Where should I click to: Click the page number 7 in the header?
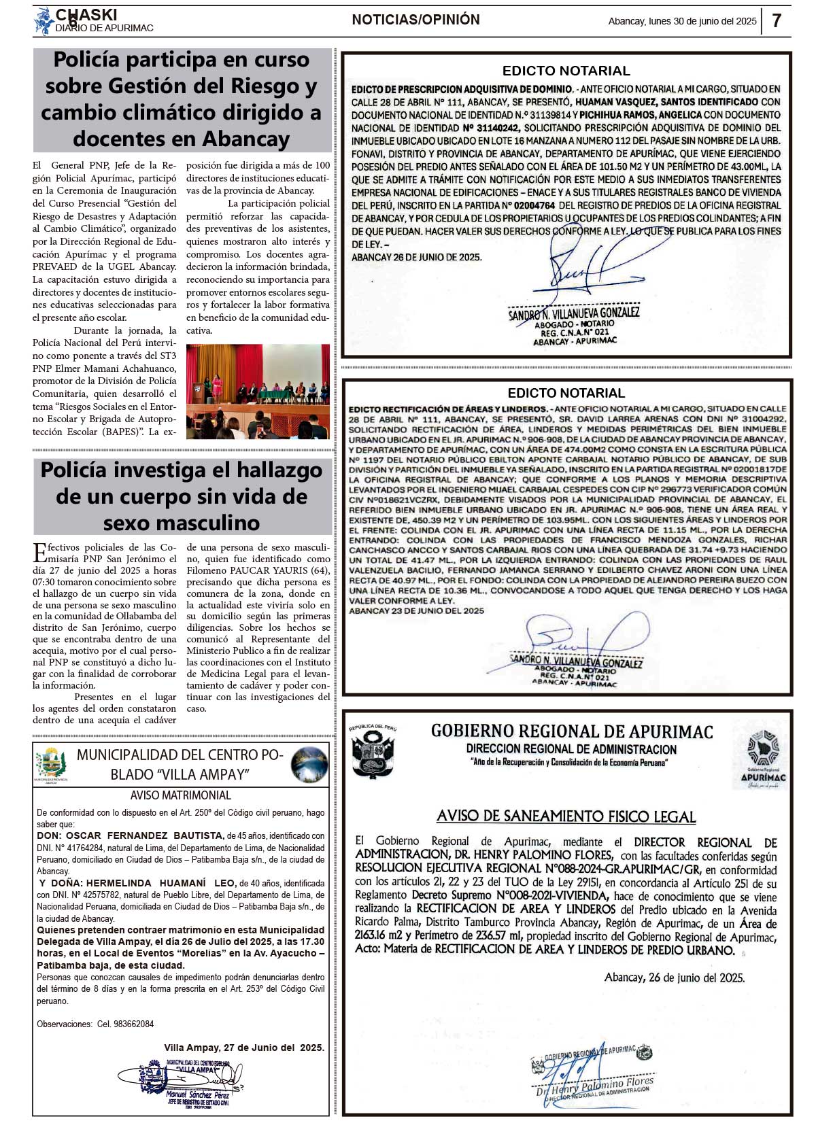pyautogui.click(x=777, y=20)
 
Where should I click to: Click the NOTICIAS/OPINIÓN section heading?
pyautogui.click(x=415, y=20)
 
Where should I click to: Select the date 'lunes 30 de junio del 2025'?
pyautogui.click(x=702, y=21)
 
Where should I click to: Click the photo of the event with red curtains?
pyautogui.click(x=258, y=391)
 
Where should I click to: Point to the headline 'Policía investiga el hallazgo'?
pyautogui.click(x=182, y=470)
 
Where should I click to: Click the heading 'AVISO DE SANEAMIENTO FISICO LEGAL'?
pyautogui.click(x=566, y=816)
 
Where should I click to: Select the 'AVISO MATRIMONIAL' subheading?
pyautogui.click(x=181, y=795)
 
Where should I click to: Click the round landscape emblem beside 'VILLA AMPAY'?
pyautogui.click(x=309, y=764)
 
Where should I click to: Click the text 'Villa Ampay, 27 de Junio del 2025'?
pyautogui.click(x=244, y=1048)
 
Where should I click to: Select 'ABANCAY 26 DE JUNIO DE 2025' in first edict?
pyautogui.click(x=416, y=258)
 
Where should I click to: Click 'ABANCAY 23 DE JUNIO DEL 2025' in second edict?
pyautogui.click(x=416, y=610)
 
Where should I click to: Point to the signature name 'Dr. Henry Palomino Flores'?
pyautogui.click(x=595, y=1086)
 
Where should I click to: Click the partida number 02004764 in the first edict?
pyautogui.click(x=534, y=205)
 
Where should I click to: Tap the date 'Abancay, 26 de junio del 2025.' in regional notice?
pyautogui.click(x=674, y=978)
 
